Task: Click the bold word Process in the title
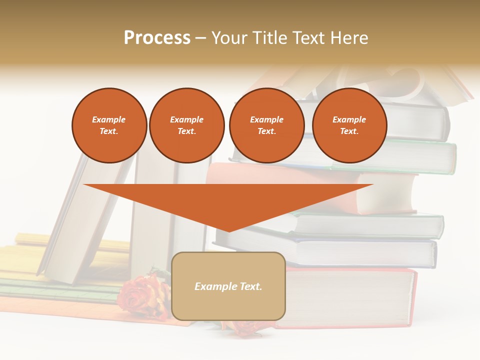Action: [157, 38]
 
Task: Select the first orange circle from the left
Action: [109, 125]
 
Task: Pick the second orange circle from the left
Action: [186, 125]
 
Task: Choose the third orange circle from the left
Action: [266, 125]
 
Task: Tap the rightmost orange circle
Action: [349, 125]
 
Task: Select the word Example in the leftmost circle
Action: [109, 119]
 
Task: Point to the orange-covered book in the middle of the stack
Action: [390, 192]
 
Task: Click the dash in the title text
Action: [201, 38]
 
